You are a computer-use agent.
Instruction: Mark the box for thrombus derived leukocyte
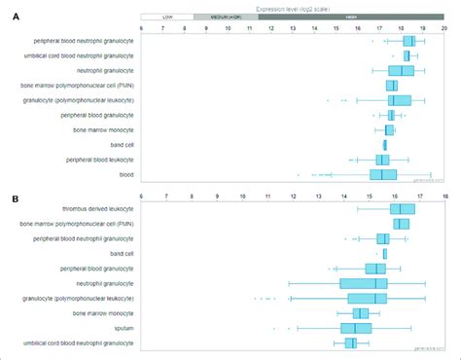402,209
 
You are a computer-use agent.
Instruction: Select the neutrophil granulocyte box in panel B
364,283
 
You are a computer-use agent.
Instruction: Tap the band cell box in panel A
384,145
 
